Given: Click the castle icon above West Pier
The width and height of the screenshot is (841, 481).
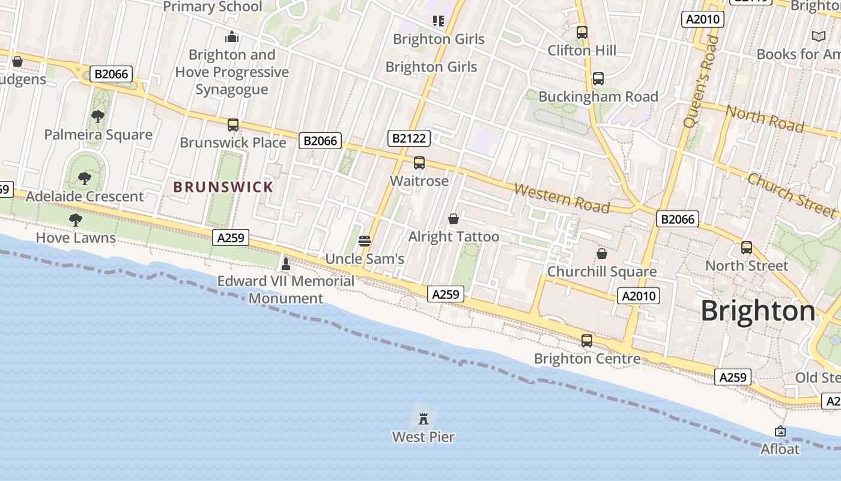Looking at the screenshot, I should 424,418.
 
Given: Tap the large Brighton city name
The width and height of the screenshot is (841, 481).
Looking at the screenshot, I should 758,311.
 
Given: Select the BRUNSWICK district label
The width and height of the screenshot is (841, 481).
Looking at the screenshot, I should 223,187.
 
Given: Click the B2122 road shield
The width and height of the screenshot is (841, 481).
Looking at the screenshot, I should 408,138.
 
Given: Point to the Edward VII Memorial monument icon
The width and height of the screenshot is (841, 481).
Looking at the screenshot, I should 286,263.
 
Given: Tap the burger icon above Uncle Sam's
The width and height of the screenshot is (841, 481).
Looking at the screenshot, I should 364,241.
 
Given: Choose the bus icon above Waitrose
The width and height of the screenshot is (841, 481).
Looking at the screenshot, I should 419,163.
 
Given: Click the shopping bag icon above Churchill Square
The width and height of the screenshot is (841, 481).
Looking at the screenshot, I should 602,254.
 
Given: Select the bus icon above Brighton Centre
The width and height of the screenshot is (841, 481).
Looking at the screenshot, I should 587,341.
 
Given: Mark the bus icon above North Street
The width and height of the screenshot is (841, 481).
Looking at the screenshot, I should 747,248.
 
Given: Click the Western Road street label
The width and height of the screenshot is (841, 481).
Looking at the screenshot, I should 562,198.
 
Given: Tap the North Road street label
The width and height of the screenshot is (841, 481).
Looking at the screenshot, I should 765,118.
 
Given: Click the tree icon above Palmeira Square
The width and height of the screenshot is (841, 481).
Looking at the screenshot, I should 98,117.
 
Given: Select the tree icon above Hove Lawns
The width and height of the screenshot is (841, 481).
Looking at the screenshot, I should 76,220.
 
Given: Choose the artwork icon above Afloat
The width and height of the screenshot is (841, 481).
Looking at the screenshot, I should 780,431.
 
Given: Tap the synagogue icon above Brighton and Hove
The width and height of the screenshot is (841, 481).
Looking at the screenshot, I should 232,37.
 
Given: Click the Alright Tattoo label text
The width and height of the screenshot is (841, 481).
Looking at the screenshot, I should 454,237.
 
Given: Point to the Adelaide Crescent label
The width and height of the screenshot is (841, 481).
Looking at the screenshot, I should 85,197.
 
